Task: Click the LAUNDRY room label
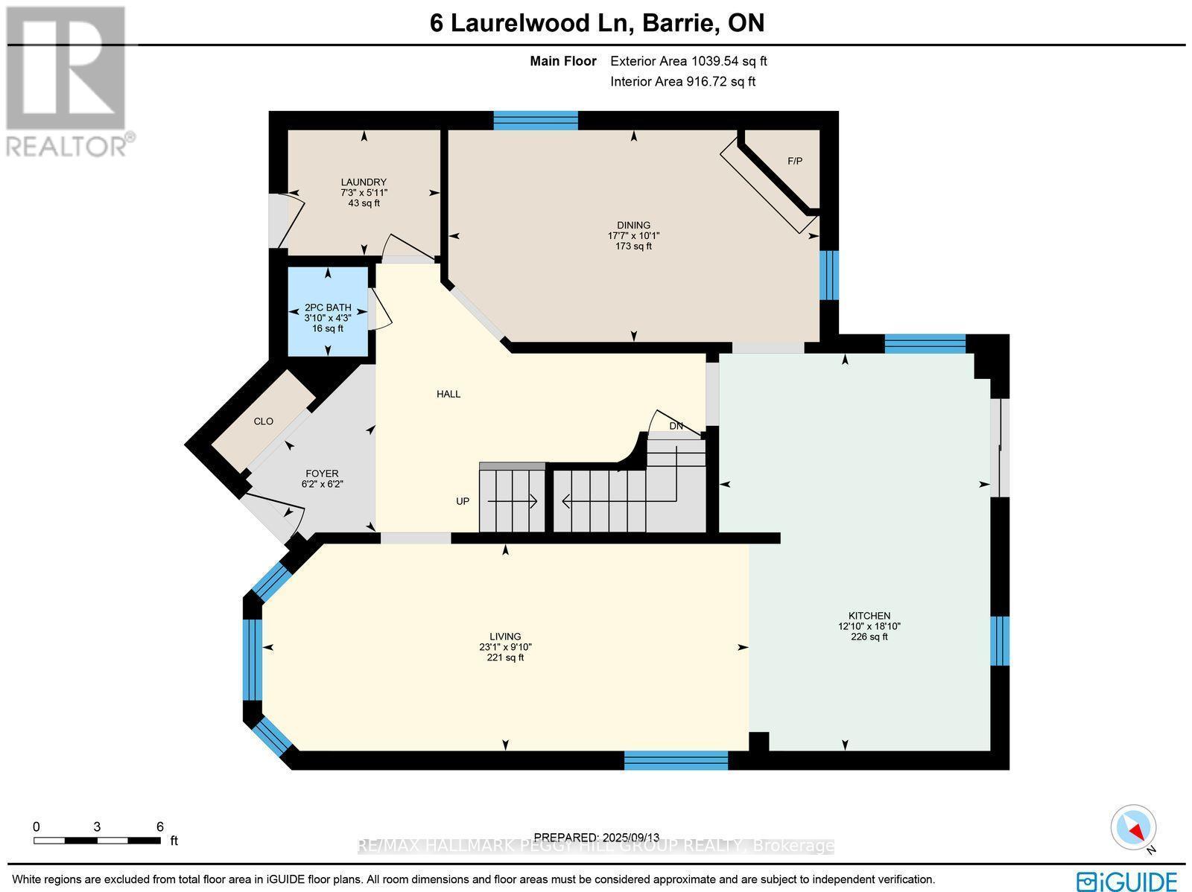[x=364, y=182]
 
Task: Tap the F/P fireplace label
[x=795, y=161]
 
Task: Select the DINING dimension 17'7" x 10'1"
[x=633, y=235]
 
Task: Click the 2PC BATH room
[x=328, y=312]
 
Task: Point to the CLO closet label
[x=264, y=421]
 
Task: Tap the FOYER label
[x=322, y=474]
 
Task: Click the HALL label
[x=448, y=394]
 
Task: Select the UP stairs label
[x=463, y=501]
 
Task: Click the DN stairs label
[x=676, y=426]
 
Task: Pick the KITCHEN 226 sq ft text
[x=869, y=637]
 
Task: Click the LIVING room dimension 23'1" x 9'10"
[x=505, y=647]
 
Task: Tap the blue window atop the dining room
[x=536, y=120]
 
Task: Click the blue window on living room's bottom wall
[x=676, y=760]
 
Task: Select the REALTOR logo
[x=69, y=82]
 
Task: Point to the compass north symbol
[x=1135, y=828]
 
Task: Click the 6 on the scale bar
[x=159, y=826]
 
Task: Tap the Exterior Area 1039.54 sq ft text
[x=688, y=62]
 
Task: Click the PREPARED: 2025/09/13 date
[x=597, y=837]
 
